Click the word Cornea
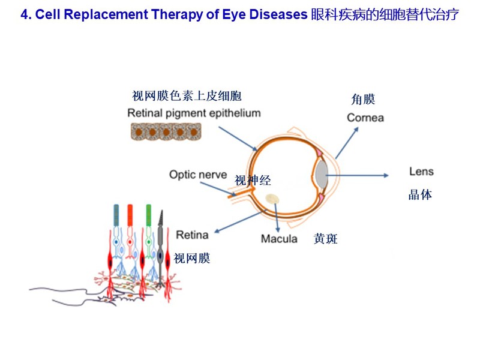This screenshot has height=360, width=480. [365, 118]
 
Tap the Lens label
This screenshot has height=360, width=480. [421, 172]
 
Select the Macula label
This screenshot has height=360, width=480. [279, 238]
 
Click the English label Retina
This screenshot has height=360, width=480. [192, 235]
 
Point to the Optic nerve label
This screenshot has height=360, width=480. [198, 175]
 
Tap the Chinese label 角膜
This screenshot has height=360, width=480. [363, 100]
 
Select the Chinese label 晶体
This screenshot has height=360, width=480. [421, 194]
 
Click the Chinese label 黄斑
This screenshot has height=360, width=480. [325, 238]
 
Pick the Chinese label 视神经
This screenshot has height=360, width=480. [253, 181]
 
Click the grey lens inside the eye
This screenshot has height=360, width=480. [322, 174]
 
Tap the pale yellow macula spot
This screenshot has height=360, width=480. [272, 199]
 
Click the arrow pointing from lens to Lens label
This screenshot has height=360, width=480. [357, 175]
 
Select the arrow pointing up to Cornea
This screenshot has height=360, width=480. [347, 143]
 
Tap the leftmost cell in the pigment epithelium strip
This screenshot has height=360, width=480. [138, 131]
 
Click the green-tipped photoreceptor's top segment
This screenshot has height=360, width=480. [149, 215]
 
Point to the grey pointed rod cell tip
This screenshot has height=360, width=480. [161, 211]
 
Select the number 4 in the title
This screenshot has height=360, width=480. [24, 14]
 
